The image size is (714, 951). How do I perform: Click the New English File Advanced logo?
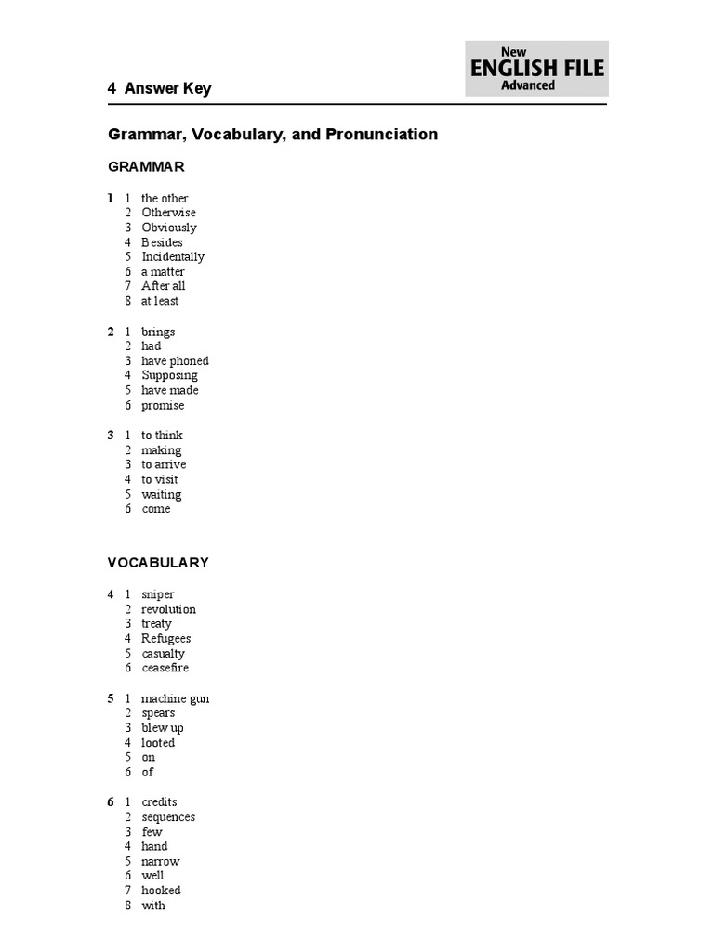click(x=536, y=69)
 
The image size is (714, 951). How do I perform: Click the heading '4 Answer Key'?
click(x=159, y=89)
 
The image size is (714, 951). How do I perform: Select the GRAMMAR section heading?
click(x=146, y=167)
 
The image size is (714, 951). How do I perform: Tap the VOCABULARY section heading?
click(x=158, y=563)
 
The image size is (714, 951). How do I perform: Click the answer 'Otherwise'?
click(x=168, y=213)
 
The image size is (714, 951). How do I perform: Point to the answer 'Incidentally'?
click(x=173, y=256)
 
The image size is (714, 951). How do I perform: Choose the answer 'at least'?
click(x=160, y=301)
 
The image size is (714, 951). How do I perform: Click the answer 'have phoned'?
click(x=175, y=361)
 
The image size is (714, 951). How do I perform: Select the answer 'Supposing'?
click(x=169, y=376)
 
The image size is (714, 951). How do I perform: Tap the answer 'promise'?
click(x=163, y=406)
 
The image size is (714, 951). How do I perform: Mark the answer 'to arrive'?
click(x=164, y=464)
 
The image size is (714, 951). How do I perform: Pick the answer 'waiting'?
click(x=162, y=494)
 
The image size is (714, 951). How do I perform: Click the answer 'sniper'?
click(x=158, y=594)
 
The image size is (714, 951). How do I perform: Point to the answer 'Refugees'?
click(x=166, y=639)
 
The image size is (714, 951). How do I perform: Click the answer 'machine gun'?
click(x=175, y=699)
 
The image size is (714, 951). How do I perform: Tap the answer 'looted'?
click(x=158, y=743)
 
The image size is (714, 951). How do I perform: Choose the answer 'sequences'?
click(x=168, y=817)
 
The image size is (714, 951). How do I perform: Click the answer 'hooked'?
click(x=161, y=891)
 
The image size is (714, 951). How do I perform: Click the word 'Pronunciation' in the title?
click(x=381, y=135)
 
